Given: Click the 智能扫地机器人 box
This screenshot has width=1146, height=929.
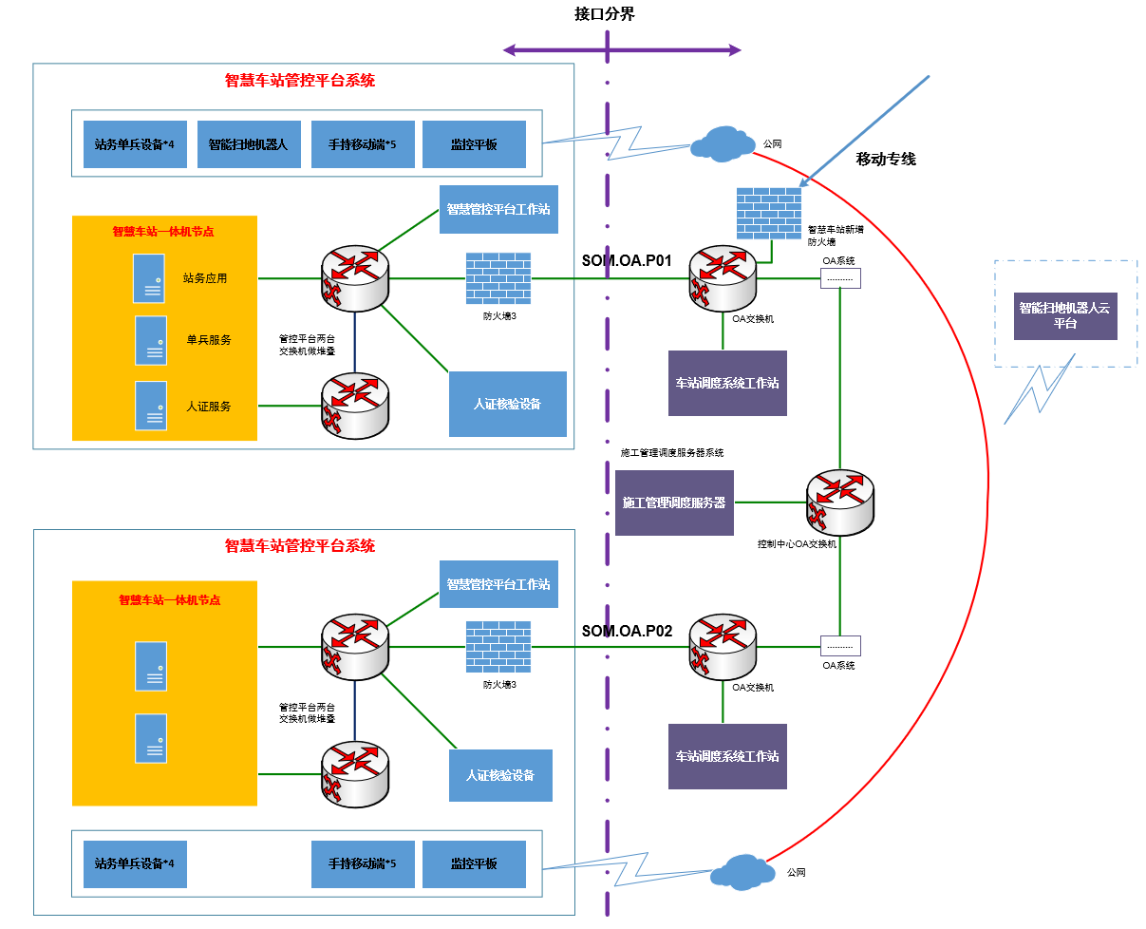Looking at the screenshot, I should [x=249, y=144].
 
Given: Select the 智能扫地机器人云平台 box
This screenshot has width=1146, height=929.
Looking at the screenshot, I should [x=1065, y=315].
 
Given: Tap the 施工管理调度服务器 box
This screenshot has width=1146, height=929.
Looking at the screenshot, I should [x=674, y=502].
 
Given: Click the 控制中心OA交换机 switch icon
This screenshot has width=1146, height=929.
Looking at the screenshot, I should [x=839, y=502].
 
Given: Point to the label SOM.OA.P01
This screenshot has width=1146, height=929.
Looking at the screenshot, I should [x=627, y=260].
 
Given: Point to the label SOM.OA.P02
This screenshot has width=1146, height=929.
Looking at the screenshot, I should [x=627, y=631].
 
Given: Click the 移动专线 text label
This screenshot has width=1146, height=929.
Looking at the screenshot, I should [x=886, y=159].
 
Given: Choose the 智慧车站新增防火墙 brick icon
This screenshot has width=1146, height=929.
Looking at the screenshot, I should [x=769, y=213].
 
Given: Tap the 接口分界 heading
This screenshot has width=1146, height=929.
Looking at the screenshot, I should [x=605, y=13].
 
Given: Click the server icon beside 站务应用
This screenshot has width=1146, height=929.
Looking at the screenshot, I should [x=149, y=278].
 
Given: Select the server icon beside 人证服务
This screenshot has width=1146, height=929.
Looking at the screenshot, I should [x=150, y=406].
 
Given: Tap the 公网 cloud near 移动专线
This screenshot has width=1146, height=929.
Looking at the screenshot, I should [x=721, y=143].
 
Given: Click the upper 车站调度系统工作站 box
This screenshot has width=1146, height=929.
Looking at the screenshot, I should [x=727, y=383].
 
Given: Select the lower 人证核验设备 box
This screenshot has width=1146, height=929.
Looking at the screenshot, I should [x=500, y=775].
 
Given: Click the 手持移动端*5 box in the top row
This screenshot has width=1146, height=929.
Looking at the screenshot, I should [x=363, y=144].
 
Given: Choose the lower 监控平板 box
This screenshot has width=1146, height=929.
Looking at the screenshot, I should [x=474, y=864].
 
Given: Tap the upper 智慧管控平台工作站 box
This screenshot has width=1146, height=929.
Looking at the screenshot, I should [x=498, y=209].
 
